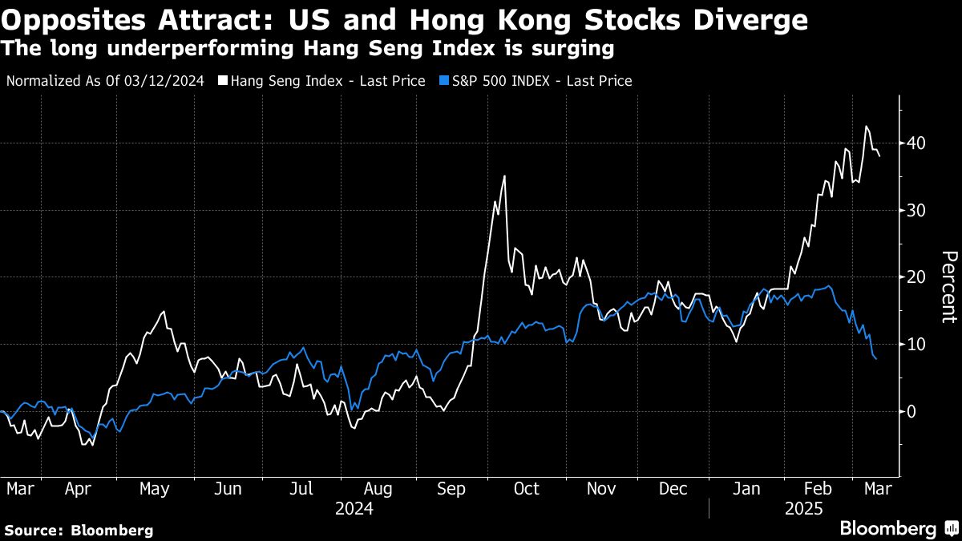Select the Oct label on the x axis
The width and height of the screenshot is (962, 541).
pyautogui.click(x=527, y=488)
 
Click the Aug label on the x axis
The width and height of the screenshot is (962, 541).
pyautogui.click(x=378, y=488)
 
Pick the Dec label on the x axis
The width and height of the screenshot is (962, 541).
pyautogui.click(x=673, y=488)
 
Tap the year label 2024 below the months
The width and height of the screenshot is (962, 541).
pyautogui.click(x=354, y=508)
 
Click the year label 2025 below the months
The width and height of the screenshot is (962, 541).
pyautogui.click(x=804, y=508)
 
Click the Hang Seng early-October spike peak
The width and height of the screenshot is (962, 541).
pyautogui.click(x=504, y=176)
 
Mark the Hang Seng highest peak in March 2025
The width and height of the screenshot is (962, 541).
pyautogui.click(x=866, y=127)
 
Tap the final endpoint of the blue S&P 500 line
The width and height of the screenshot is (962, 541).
pyautogui.click(x=876, y=359)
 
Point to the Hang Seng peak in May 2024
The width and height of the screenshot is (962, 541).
pyautogui.click(x=164, y=312)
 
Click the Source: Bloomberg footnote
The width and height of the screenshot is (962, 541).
pyautogui.click(x=79, y=530)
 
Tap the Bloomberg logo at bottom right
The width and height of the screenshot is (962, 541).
pyautogui.click(x=887, y=529)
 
